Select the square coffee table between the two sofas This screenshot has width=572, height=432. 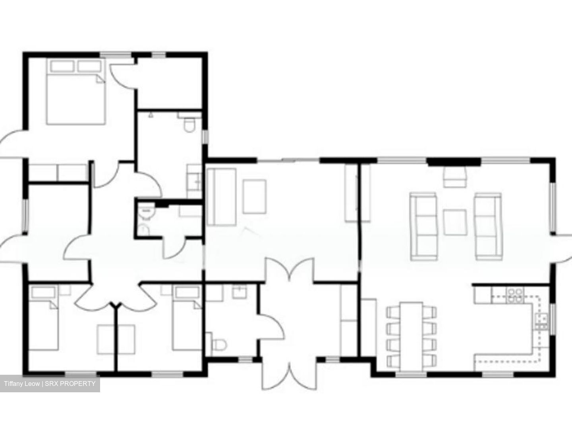click(x=455, y=222)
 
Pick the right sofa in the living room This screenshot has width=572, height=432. click(x=488, y=226)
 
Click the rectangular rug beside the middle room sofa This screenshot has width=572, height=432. click(x=255, y=196)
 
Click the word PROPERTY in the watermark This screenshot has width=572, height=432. click(x=80, y=384)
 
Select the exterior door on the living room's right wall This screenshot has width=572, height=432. click(x=563, y=249)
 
